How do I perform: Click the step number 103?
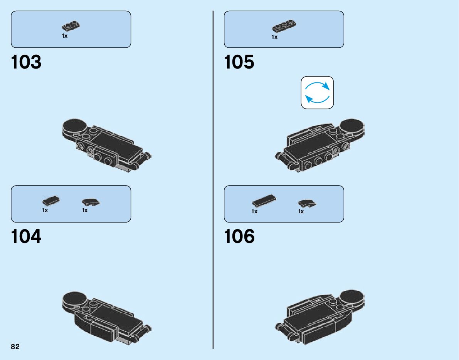[26, 63]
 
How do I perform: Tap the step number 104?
[26, 237]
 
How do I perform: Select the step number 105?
[239, 63]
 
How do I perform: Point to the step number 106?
[239, 237]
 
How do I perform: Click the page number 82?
[15, 347]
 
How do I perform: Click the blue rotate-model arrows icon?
[317, 92]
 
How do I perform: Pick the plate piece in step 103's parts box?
[71, 27]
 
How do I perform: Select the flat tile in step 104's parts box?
[51, 201]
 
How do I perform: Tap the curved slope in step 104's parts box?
[91, 201]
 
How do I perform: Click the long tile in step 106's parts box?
[264, 200]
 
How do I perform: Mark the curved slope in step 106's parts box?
[307, 203]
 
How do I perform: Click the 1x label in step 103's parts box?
[65, 36]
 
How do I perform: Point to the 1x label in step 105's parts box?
[274, 37]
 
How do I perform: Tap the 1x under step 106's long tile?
[254, 211]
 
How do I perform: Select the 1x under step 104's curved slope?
[85, 210]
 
